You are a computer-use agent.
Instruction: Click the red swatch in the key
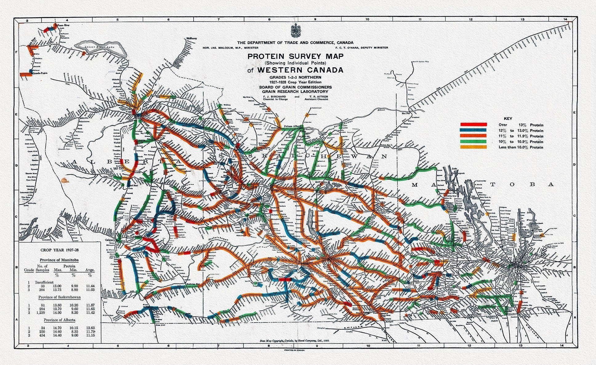click(473, 125)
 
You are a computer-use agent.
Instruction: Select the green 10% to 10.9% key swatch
click(473, 141)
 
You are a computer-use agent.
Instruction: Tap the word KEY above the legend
click(507, 118)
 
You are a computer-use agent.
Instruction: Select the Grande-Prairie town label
click(40, 74)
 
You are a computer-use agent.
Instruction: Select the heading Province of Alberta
click(59, 320)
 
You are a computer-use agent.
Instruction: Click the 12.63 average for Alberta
click(90, 328)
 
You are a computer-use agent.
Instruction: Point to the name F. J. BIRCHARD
click(274, 97)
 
